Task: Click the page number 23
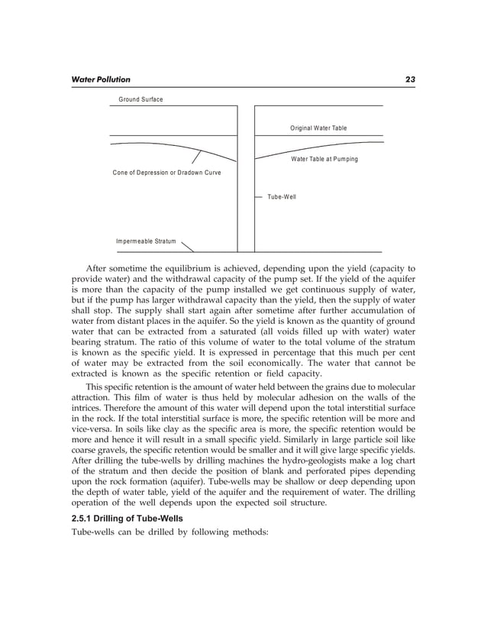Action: [410, 79]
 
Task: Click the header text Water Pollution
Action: [100, 79]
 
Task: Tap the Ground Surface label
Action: [140, 100]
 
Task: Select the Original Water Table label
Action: [318, 128]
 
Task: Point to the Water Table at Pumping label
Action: [324, 159]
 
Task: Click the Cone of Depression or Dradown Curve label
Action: [166, 173]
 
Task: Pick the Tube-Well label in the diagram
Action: [282, 197]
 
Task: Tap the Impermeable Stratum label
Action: [146, 241]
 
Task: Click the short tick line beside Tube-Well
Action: [259, 197]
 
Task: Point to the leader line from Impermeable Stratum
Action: [188, 245]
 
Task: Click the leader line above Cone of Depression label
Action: [196, 157]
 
